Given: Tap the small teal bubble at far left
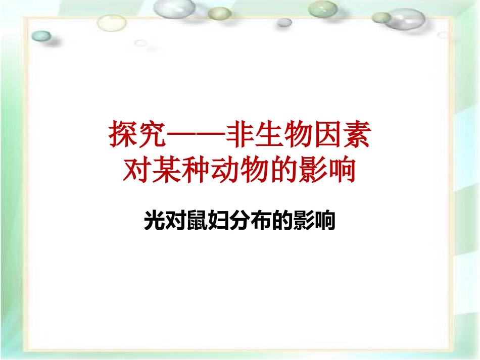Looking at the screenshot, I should coord(41,36).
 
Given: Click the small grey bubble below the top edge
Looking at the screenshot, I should coord(284,22).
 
